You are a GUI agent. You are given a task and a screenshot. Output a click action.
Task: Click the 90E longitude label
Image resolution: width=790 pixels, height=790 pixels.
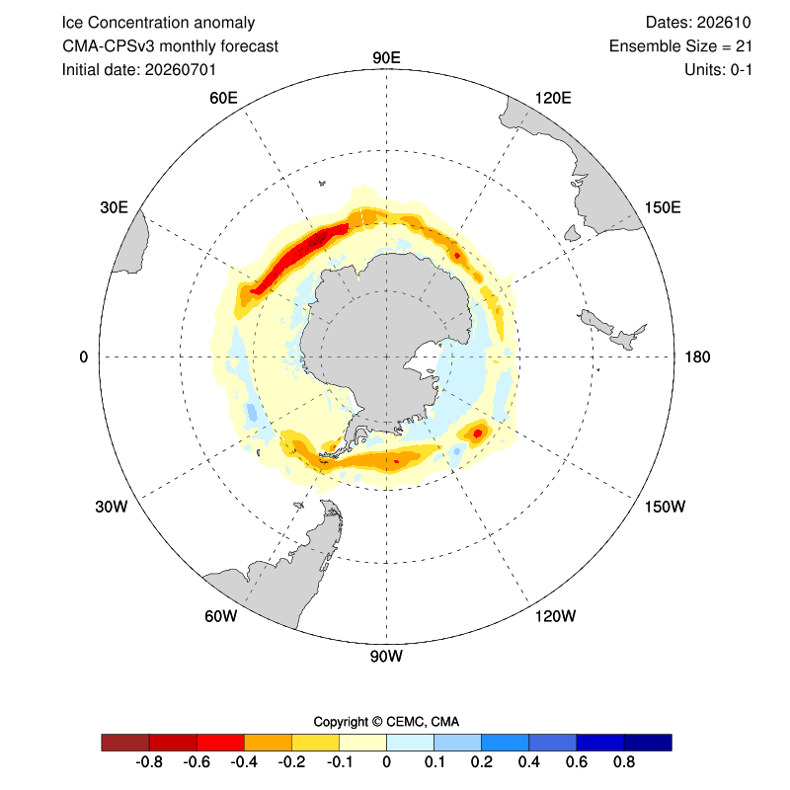(386, 58)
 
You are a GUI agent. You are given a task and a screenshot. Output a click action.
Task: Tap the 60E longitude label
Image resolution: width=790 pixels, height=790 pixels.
(223, 98)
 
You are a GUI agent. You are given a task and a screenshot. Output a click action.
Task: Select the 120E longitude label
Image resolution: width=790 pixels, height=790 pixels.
(553, 98)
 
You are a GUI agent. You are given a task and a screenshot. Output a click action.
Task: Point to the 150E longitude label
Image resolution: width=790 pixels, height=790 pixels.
(663, 207)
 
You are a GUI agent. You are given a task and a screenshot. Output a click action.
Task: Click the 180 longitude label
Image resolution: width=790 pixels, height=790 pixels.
(697, 357)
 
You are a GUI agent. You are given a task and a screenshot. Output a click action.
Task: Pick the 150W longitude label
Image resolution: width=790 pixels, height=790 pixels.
(665, 507)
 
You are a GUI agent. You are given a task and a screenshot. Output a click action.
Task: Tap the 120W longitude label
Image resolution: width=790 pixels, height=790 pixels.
(555, 616)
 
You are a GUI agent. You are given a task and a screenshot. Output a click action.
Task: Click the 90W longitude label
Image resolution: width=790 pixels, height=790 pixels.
(386, 657)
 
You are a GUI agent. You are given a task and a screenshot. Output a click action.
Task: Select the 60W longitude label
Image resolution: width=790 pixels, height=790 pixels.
(220, 616)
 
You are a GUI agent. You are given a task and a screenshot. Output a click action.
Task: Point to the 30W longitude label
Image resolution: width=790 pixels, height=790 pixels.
(112, 507)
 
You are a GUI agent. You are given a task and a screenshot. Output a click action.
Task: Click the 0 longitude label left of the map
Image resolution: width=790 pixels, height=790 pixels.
(84, 357)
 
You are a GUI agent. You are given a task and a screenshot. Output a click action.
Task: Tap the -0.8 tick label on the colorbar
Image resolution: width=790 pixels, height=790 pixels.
(149, 761)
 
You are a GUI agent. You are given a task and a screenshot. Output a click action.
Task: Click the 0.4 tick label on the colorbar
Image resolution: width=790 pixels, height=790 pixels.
(529, 761)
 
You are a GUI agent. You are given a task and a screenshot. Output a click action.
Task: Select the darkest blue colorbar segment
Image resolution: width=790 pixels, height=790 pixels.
(648, 743)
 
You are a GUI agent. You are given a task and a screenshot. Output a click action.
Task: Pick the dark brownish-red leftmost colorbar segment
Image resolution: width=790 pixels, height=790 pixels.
(125, 743)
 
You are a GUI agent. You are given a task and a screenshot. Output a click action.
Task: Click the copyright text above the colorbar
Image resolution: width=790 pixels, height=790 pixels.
(386, 722)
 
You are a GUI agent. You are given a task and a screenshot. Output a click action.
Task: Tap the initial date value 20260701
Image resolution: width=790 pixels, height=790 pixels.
(181, 69)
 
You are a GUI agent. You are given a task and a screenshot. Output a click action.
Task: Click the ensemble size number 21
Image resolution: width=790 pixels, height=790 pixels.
(744, 46)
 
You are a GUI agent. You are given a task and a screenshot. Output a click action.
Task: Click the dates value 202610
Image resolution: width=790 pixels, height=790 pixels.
(724, 23)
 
